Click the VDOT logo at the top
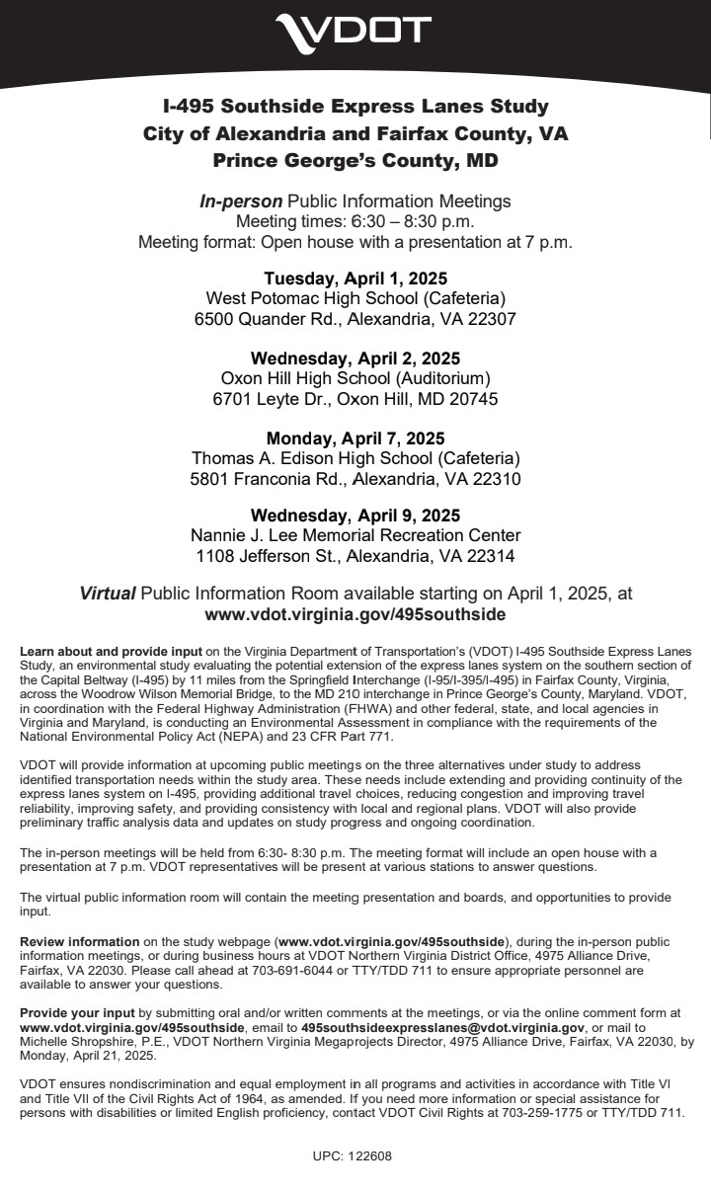click(354, 31)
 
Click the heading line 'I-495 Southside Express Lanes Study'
click(355, 107)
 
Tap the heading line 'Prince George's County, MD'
click(355, 159)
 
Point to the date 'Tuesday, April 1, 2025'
click(355, 278)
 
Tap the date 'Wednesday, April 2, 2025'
click(355, 358)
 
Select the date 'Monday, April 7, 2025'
click(355, 437)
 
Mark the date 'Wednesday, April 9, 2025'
click(355, 516)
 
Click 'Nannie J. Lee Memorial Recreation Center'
click(355, 535)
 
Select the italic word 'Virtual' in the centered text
click(108, 594)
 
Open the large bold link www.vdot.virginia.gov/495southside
click(355, 614)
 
